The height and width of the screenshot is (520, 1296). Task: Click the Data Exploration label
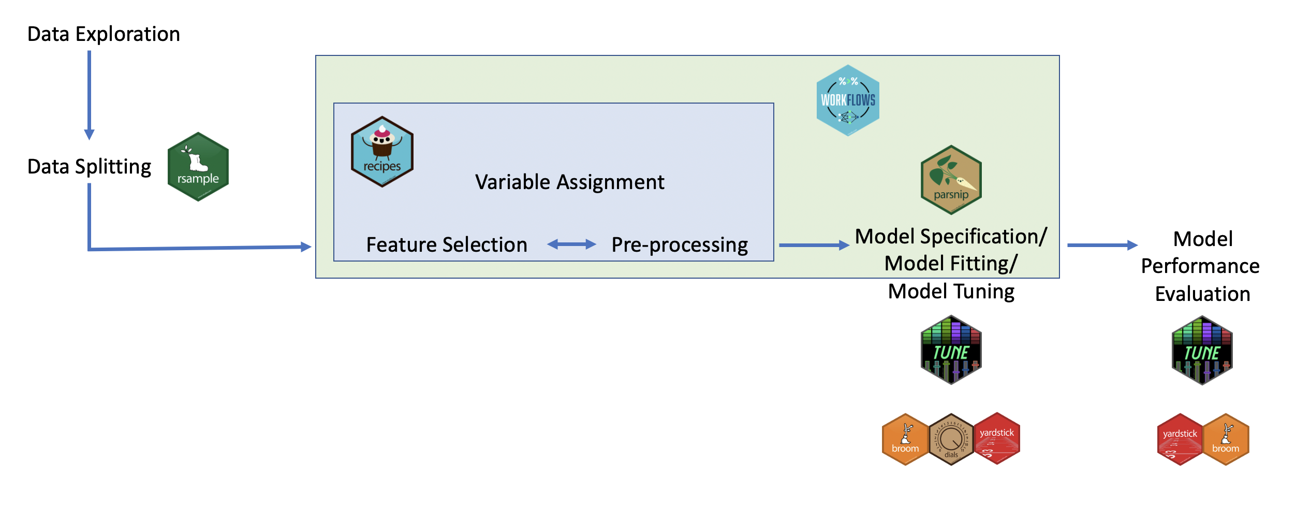pos(104,34)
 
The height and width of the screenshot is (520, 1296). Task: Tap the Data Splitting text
pos(89,167)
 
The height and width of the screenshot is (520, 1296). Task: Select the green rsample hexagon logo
pos(198,167)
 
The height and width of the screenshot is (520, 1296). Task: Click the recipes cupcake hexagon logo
pos(382,152)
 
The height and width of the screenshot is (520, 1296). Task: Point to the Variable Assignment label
pos(569,182)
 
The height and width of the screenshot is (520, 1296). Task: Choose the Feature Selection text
pos(447,244)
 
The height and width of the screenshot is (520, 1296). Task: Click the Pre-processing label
pos(679,244)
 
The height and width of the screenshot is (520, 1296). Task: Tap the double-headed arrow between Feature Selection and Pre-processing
pos(571,244)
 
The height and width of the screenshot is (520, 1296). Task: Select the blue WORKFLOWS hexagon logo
pos(848,100)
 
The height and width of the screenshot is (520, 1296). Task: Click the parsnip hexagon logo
pos(951,180)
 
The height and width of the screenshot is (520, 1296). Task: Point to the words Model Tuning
pos(951,291)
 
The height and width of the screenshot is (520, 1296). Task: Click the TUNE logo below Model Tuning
pos(951,350)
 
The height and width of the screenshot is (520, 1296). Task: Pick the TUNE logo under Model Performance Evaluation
pos(1202,351)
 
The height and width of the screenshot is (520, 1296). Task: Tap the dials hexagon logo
pos(951,439)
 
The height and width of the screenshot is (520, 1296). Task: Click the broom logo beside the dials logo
pos(905,439)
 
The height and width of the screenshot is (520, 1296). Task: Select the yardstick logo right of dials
pos(997,439)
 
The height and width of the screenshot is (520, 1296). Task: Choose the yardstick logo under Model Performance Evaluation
pos(1180,440)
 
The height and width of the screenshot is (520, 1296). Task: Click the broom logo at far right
pos(1226,440)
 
